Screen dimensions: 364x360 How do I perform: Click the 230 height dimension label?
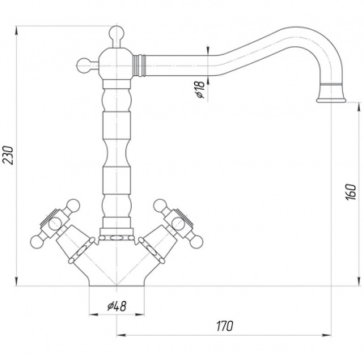click(x=8, y=155)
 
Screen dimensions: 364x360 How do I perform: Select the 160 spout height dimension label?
click(x=350, y=192)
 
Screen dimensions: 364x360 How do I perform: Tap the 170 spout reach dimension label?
click(x=225, y=326)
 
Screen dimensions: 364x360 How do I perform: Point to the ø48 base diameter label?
click(x=116, y=306)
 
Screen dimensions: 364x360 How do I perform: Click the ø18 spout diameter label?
click(x=201, y=89)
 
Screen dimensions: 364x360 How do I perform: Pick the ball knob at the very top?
click(x=116, y=33)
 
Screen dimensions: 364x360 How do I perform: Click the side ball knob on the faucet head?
click(x=83, y=66)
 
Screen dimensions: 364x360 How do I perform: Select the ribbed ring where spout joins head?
click(x=139, y=66)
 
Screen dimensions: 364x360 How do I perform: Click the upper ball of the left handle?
click(x=73, y=206)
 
